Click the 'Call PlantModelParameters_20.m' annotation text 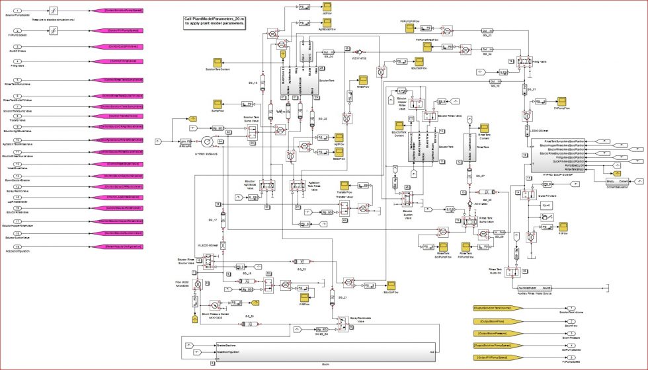point(215,21)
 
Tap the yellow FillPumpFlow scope point(561,101)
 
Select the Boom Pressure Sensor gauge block point(216,306)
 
